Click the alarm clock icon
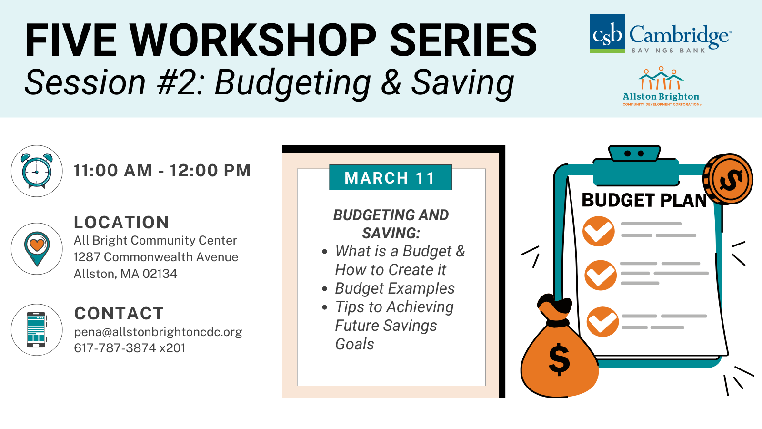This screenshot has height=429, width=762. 37,171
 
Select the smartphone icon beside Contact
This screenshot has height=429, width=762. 37,329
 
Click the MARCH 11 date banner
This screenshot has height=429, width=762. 391,177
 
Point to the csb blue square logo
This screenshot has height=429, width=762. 607,33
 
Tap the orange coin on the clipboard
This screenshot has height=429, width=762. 729,179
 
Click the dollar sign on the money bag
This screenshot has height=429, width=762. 559,359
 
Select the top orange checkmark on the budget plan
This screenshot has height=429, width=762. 598,231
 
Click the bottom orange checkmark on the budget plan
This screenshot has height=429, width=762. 602,322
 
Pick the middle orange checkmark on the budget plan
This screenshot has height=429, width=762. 601,275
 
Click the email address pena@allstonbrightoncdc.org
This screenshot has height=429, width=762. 158,332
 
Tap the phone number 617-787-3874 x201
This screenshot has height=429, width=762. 130,348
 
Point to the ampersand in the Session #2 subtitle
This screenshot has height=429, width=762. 391,82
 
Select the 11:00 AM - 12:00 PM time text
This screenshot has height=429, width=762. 162,171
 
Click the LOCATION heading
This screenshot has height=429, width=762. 121,222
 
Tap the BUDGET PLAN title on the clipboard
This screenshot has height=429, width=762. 644,200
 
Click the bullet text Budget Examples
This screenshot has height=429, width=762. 395,289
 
